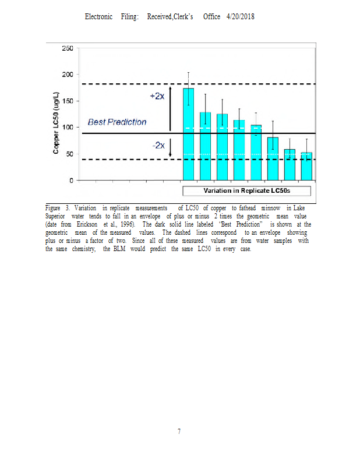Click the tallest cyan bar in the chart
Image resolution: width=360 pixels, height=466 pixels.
[x=188, y=134]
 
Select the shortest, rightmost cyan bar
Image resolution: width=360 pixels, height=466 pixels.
[x=306, y=166]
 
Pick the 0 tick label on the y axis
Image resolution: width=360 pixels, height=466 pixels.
[x=70, y=181]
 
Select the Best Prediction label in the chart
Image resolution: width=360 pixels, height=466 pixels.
[x=117, y=122]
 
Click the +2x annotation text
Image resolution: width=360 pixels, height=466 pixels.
[x=156, y=96]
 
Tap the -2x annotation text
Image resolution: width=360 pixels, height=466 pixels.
[x=157, y=145]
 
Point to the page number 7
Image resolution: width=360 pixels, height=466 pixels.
[x=179, y=432]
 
